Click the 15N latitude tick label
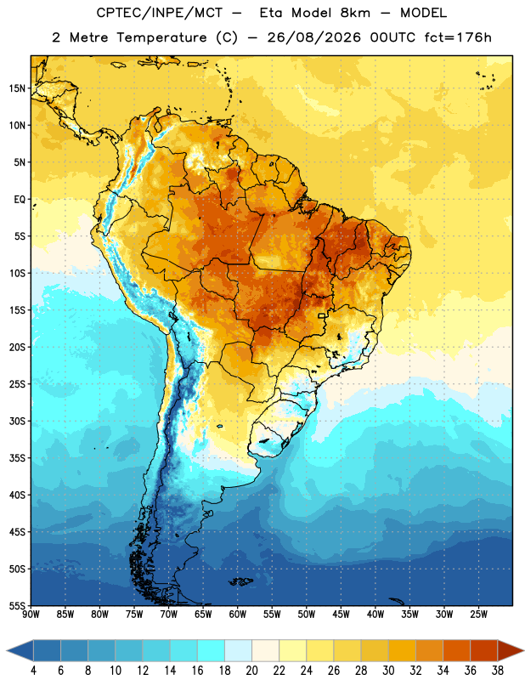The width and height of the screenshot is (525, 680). tap(17, 88)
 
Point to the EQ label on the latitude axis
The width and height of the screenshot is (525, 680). tap(20, 200)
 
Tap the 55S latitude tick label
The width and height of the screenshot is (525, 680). tap(17, 605)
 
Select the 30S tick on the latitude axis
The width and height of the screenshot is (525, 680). tap(17, 421)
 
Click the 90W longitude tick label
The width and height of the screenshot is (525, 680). tap(31, 614)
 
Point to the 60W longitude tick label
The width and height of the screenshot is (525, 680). tap(238, 614)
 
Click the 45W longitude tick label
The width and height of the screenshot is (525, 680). tap(342, 614)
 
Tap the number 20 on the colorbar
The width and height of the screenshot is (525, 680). tap(251, 671)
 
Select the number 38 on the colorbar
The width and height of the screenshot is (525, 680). tap(498, 671)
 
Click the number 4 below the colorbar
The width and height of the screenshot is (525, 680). tap(33, 671)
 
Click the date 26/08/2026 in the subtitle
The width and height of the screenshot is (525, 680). tap(313, 37)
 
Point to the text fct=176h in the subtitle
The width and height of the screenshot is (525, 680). tap(458, 37)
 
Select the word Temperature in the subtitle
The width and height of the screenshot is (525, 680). tap(161, 37)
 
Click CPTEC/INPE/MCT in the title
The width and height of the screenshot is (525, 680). tap(160, 13)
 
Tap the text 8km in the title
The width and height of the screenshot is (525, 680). tap(355, 13)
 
